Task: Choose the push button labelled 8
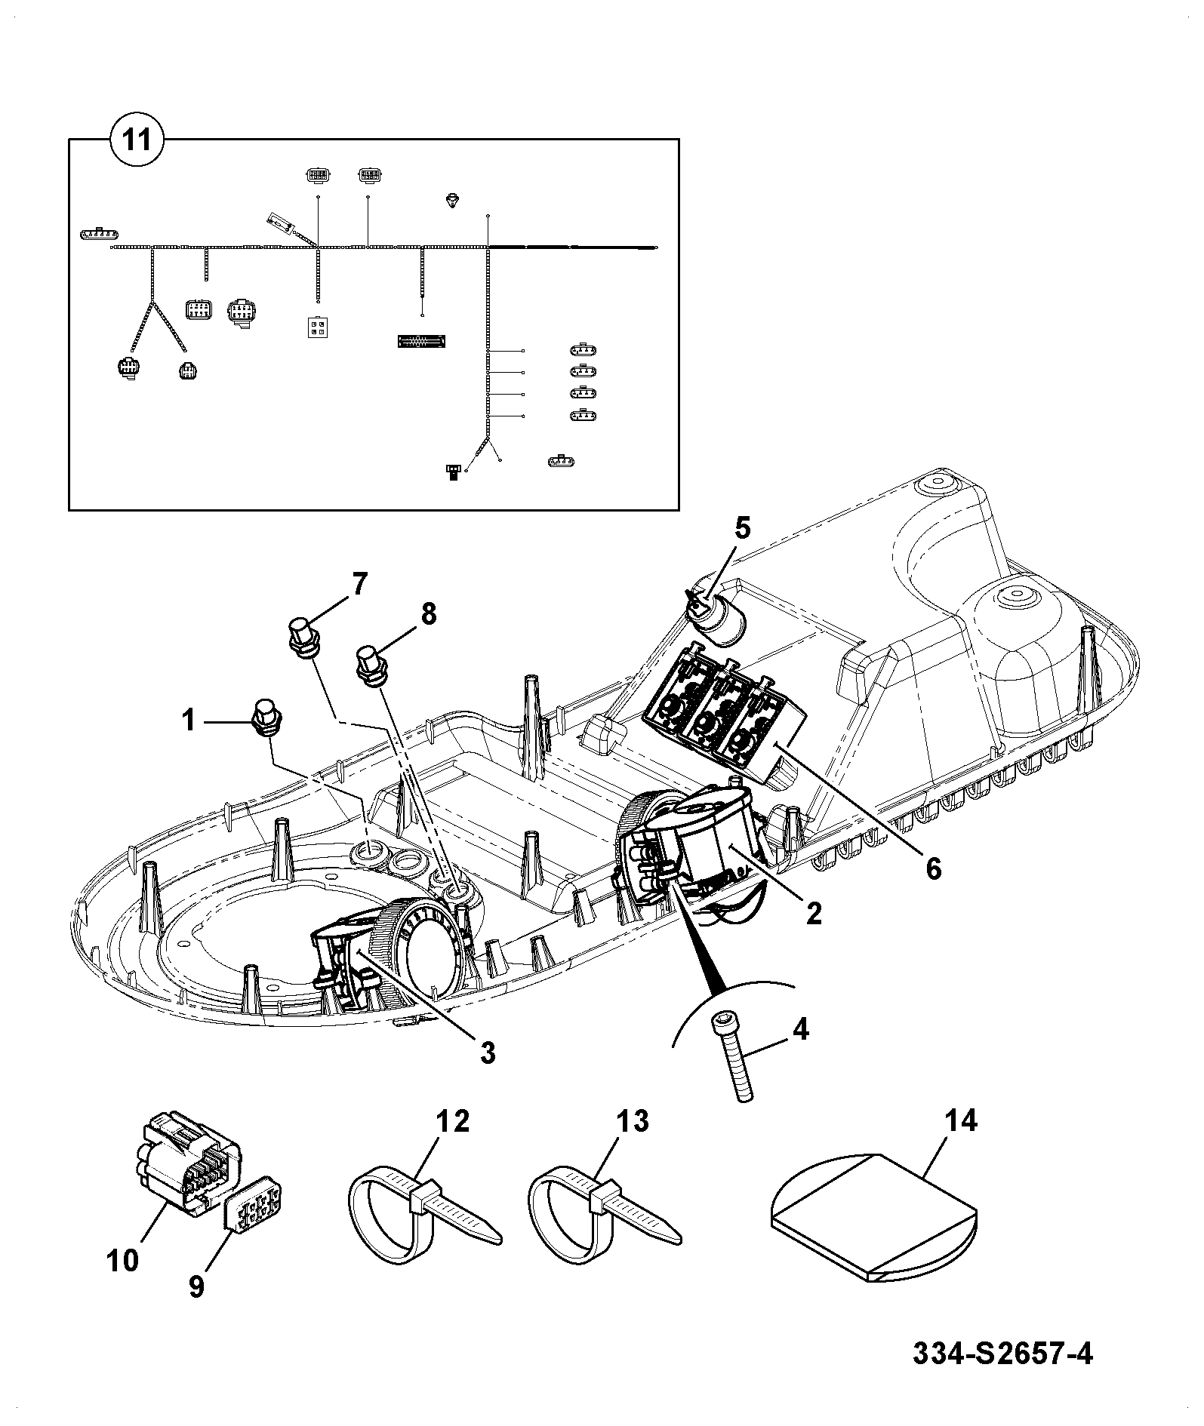click(x=370, y=665)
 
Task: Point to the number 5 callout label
click(x=742, y=529)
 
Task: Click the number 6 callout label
click(x=934, y=868)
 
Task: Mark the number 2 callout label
click(x=813, y=914)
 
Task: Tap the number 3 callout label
click(x=488, y=1051)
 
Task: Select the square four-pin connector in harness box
click(x=317, y=327)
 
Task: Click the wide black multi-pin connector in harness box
click(x=422, y=342)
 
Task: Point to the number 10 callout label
click(x=123, y=1259)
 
